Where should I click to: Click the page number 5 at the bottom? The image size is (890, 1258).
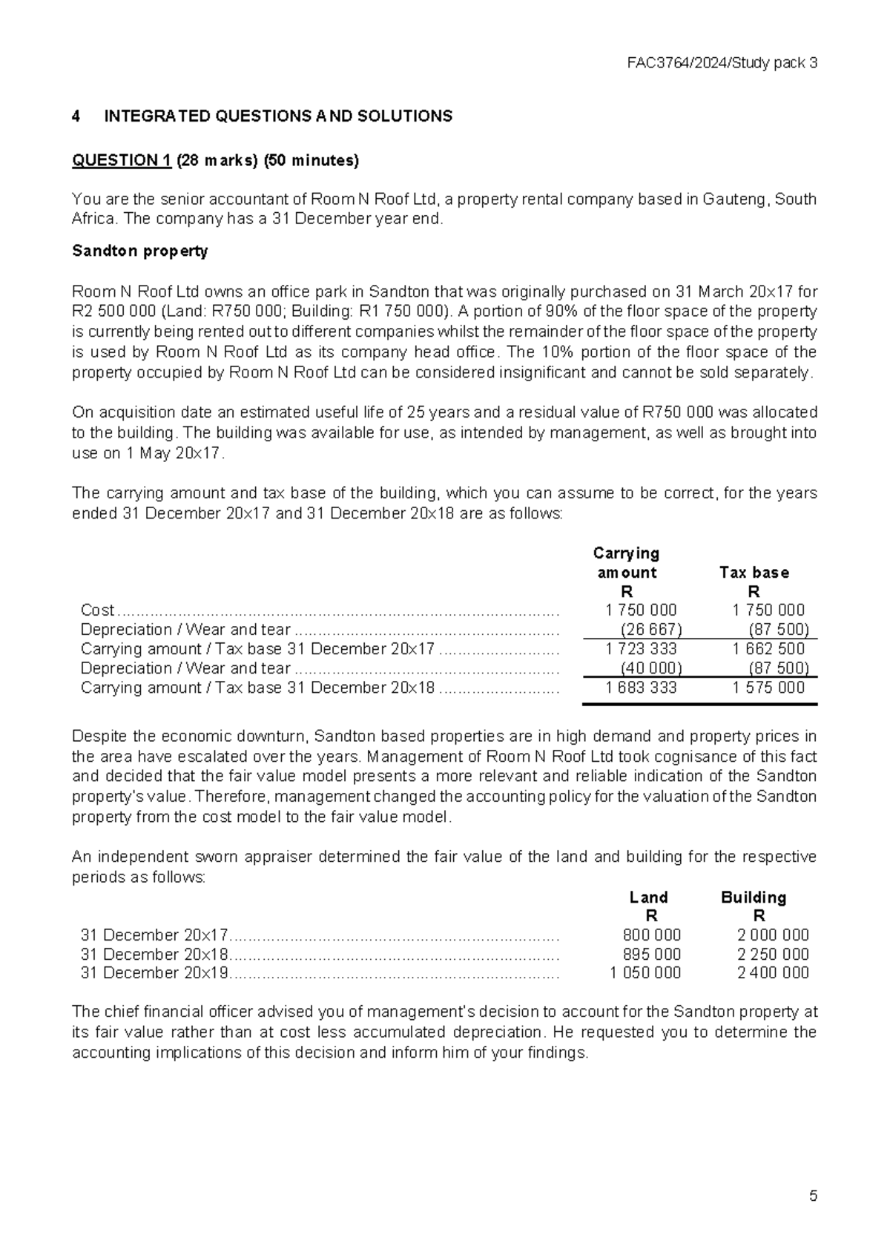click(813, 1196)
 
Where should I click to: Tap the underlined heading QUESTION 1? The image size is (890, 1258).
click(122, 161)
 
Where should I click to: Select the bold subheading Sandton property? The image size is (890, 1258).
click(139, 251)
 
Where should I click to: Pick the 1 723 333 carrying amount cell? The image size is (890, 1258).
click(641, 649)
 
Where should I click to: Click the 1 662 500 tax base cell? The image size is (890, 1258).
click(768, 649)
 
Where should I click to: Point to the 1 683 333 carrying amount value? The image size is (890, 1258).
click(641, 688)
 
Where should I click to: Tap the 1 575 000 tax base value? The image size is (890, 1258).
click(768, 688)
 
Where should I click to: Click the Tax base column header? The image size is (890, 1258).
click(754, 573)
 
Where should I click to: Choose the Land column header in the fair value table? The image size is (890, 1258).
click(648, 898)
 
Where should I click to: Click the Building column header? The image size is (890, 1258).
click(754, 898)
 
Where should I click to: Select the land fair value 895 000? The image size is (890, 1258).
click(651, 955)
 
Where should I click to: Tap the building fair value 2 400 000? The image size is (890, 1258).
click(773, 973)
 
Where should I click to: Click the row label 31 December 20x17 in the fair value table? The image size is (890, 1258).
click(154, 935)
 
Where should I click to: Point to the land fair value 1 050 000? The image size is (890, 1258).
click(645, 973)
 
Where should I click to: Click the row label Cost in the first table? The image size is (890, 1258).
click(97, 610)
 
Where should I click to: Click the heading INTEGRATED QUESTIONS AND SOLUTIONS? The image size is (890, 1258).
click(278, 116)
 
